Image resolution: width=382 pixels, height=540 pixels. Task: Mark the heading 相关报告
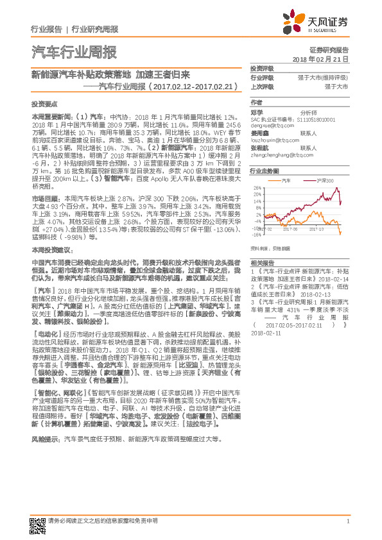pyautogui.click(x=262, y=264)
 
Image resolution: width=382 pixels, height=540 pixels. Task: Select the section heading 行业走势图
pyautogui.click(x=265, y=171)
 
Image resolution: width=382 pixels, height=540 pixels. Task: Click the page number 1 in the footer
pyautogui.click(x=347, y=520)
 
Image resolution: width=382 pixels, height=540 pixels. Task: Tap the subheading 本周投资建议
pyautogui.click(x=49, y=248)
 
